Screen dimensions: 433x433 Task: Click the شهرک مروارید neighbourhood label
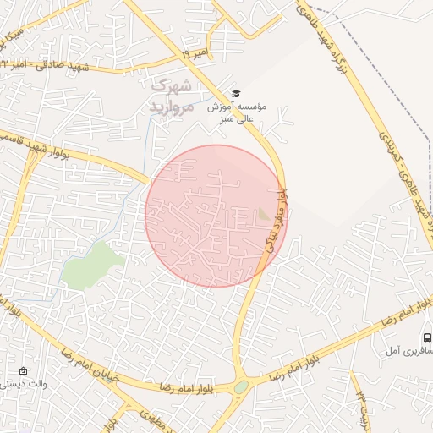(173, 96)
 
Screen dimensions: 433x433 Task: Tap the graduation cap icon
(236, 93)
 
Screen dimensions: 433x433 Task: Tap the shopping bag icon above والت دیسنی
(23, 370)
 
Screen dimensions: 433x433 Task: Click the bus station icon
(426, 337)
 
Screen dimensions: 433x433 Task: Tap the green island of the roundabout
(241, 387)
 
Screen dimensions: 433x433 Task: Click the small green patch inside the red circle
(264, 216)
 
